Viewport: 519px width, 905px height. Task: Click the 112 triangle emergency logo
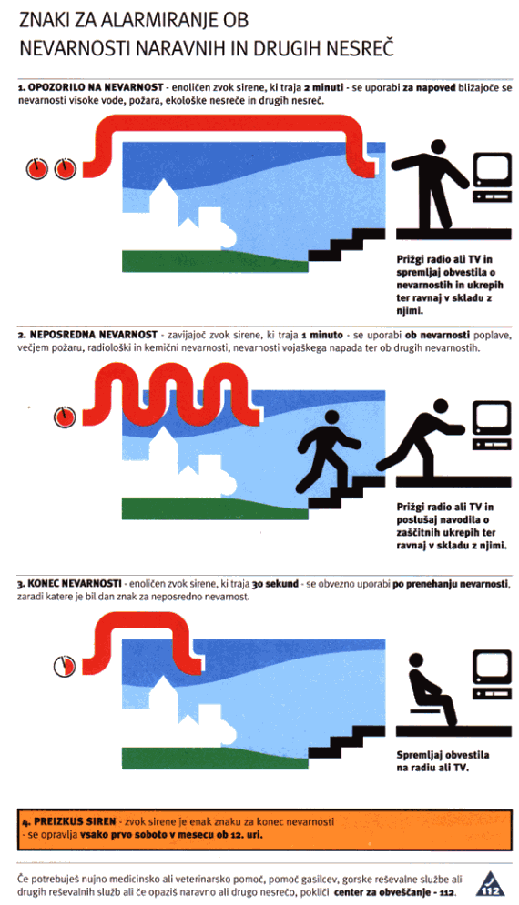click(490, 884)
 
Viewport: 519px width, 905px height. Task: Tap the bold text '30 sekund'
click(275, 584)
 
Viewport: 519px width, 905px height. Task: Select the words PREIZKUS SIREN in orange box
click(76, 821)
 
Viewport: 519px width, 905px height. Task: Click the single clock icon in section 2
click(65, 417)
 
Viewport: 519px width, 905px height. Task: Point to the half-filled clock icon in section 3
click(65, 666)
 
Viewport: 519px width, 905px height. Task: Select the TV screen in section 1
click(493, 170)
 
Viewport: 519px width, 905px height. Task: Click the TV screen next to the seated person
click(493, 668)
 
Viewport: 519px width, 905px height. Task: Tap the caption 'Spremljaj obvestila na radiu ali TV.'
click(443, 761)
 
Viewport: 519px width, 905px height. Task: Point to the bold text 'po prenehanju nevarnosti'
click(451, 584)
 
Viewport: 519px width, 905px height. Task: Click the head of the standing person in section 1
click(438, 147)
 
